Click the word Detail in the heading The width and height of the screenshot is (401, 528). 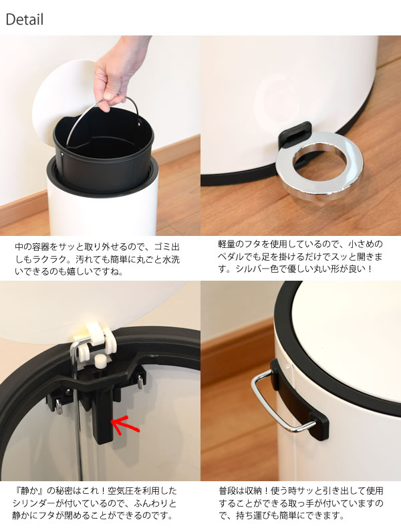click(25, 19)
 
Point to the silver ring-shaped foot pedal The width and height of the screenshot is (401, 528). click(321, 166)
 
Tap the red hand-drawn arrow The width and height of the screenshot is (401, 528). click(124, 424)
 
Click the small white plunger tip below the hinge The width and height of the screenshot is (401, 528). click(100, 361)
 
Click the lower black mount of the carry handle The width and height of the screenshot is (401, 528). click(319, 424)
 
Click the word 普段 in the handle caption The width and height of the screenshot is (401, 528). click(227, 491)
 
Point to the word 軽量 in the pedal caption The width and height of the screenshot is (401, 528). click(227, 244)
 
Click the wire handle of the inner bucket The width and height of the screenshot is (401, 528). click(102, 114)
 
